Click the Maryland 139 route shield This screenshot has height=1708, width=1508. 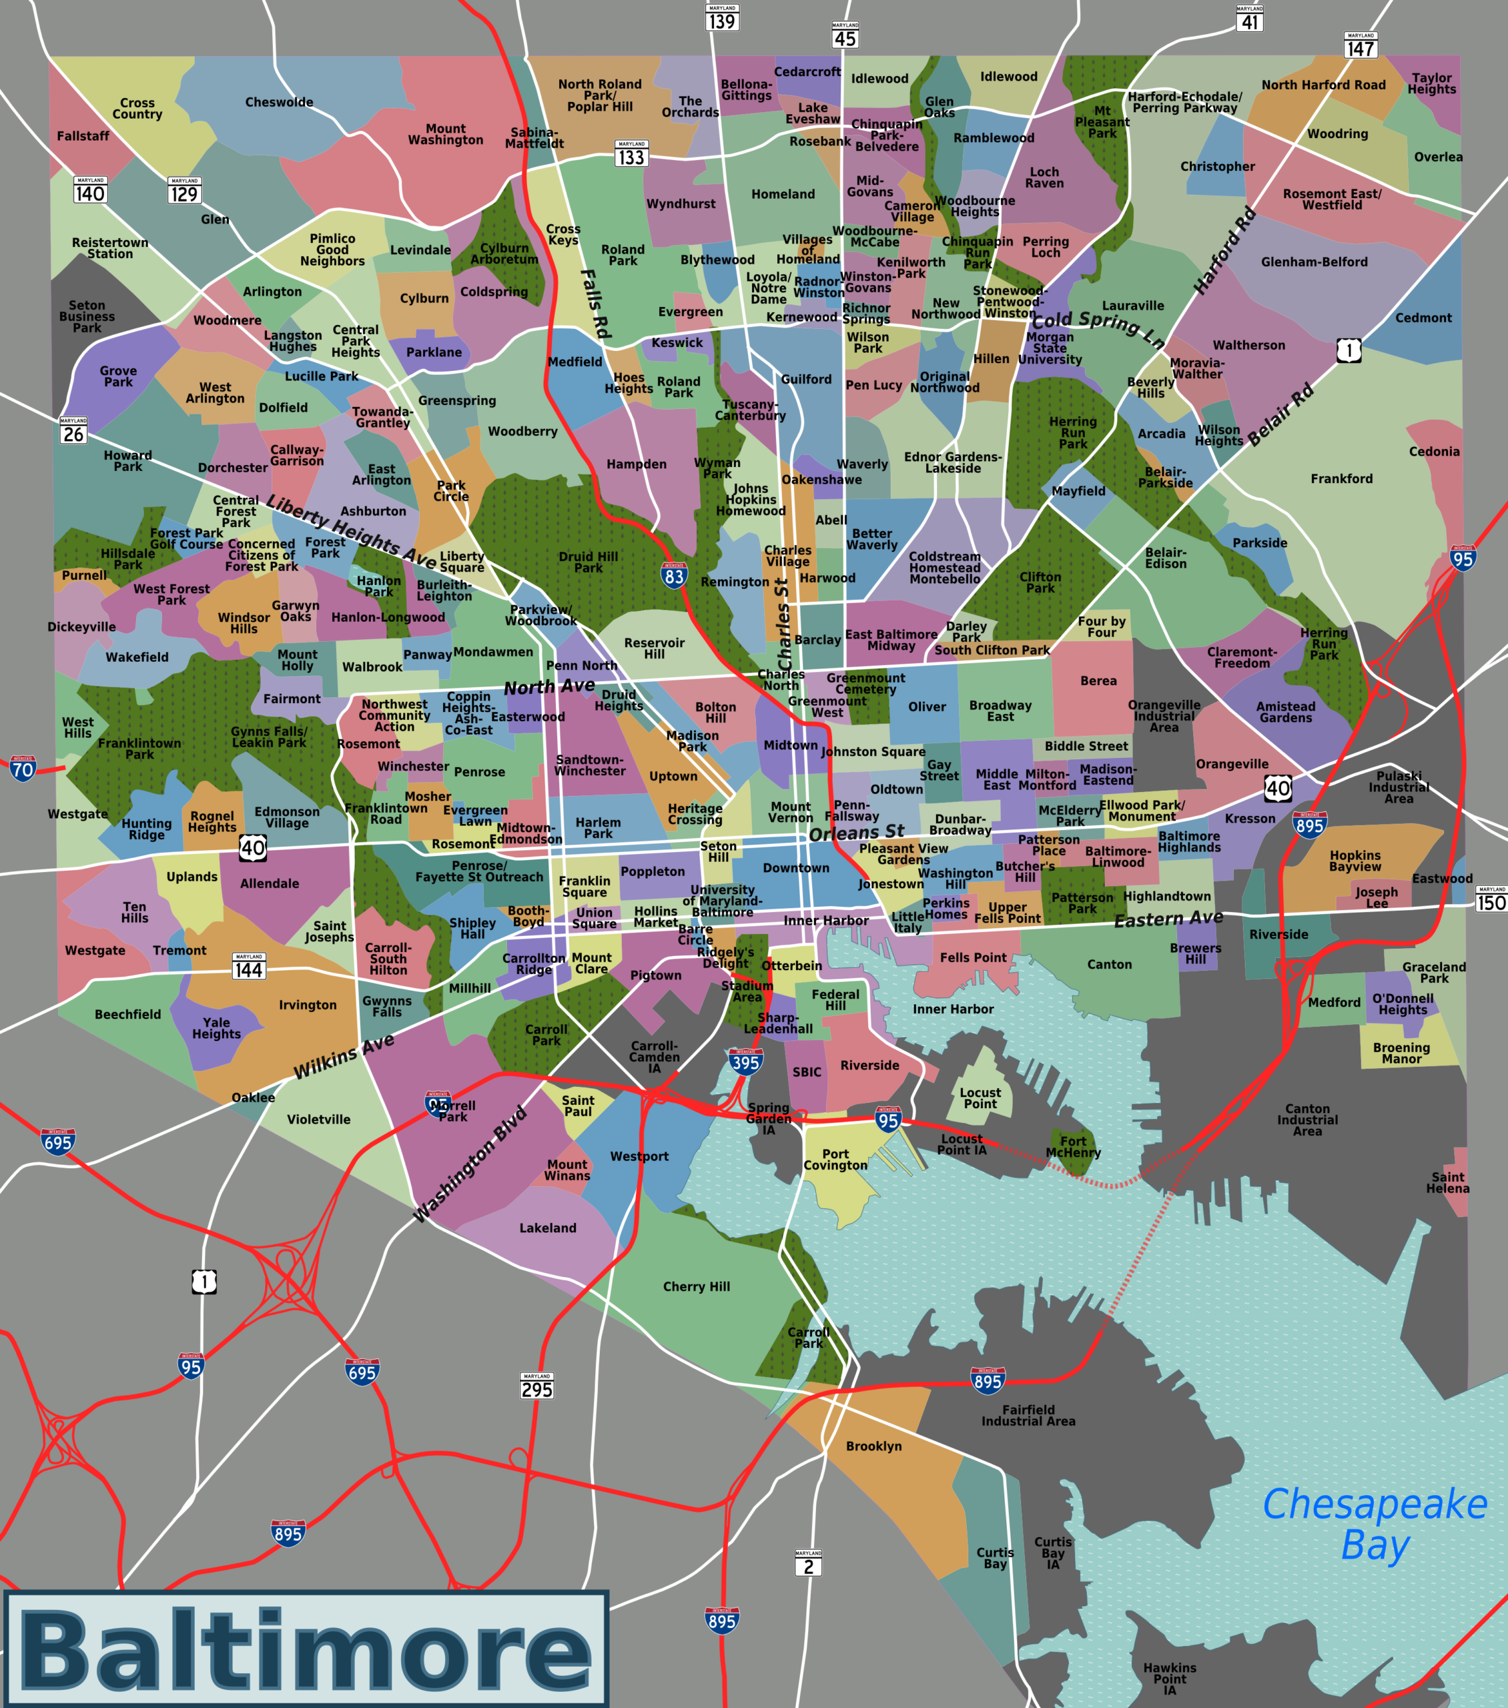point(721,17)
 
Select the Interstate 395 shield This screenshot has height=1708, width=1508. point(745,1061)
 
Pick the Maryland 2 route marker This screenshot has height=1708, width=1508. point(807,1563)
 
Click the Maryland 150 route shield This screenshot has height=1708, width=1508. point(1491,899)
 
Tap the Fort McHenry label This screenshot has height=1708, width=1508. point(1074,1146)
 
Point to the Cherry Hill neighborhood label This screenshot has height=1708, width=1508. point(697,1287)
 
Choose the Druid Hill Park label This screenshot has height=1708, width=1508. point(589,562)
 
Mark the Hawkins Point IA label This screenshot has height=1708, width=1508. point(1170,1679)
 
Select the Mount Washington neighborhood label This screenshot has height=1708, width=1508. point(446,135)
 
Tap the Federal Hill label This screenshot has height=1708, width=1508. point(835,999)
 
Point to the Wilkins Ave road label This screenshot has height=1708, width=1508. point(344,1056)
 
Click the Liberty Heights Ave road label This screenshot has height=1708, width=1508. point(351,532)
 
